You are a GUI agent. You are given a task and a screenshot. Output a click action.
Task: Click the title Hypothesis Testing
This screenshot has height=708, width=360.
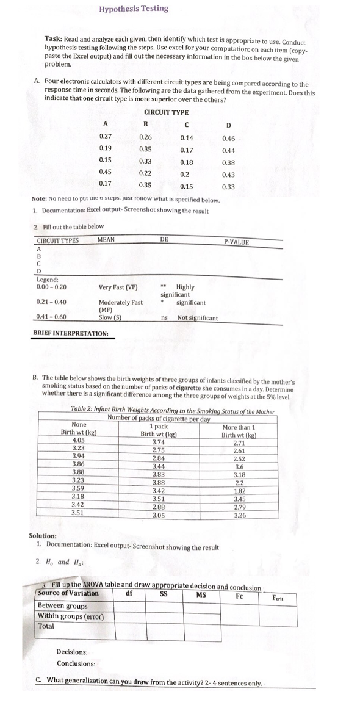coord(134,9)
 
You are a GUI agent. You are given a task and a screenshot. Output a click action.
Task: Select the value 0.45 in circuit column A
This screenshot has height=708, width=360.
coord(105,172)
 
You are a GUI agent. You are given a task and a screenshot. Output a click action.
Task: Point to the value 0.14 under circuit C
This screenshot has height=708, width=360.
coord(187,139)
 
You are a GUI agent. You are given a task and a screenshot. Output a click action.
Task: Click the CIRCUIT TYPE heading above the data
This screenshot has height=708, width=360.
coord(167,112)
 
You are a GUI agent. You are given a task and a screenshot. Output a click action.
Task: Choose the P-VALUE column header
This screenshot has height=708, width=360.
coord(237,242)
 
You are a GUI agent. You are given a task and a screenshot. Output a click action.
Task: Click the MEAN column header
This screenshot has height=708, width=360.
coord(106,240)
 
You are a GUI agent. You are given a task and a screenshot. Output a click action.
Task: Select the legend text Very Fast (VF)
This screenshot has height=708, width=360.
coord(118,286)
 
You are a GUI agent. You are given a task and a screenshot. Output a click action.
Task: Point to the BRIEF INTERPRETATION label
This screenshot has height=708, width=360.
coord(70,333)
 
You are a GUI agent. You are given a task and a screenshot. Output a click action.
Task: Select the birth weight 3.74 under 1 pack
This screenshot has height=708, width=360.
coord(159,441)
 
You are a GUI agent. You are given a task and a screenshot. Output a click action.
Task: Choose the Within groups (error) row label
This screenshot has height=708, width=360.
coord(71,616)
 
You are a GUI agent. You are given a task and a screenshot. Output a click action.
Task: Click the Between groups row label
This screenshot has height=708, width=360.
coord(62,605)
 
